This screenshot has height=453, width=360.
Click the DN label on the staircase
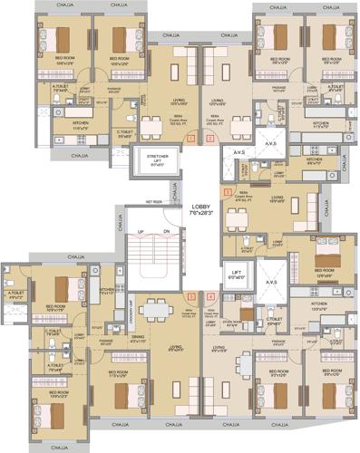pos(167,234)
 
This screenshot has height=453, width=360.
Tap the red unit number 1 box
pos(190,138)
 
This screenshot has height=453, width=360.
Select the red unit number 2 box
pos(209,138)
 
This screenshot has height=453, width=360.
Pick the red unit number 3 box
pos(228,192)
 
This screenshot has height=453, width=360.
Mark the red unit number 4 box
pos(210,296)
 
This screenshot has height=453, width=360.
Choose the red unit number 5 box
pos(190,296)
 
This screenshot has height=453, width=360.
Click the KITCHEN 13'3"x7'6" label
pos(317,306)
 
